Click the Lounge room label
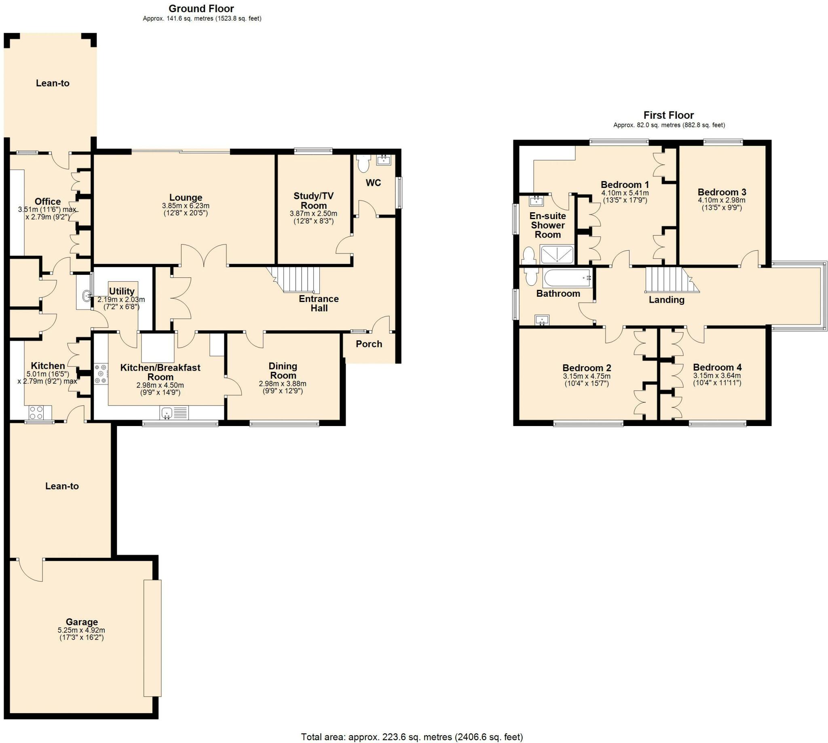pyautogui.click(x=186, y=198)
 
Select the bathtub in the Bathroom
pyautogui.click(x=567, y=279)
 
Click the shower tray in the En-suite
pyautogui.click(x=557, y=254)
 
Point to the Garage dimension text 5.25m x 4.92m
pyautogui.click(x=82, y=630)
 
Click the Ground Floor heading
pyautogui.click(x=201, y=8)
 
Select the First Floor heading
pyautogui.click(x=669, y=115)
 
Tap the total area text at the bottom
pyautogui.click(x=412, y=737)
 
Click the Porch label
pyautogui.click(x=369, y=344)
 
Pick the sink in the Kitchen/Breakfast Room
pyautogui.click(x=175, y=413)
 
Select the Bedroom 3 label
pyautogui.click(x=722, y=192)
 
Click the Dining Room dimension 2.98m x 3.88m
pyautogui.click(x=283, y=384)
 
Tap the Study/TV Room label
pyautogui.click(x=314, y=201)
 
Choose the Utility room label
pyautogui.click(x=122, y=291)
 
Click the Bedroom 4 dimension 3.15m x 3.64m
pyautogui.click(x=717, y=376)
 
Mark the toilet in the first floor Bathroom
pyautogui.click(x=531, y=277)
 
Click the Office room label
pyautogui.click(x=48, y=201)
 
